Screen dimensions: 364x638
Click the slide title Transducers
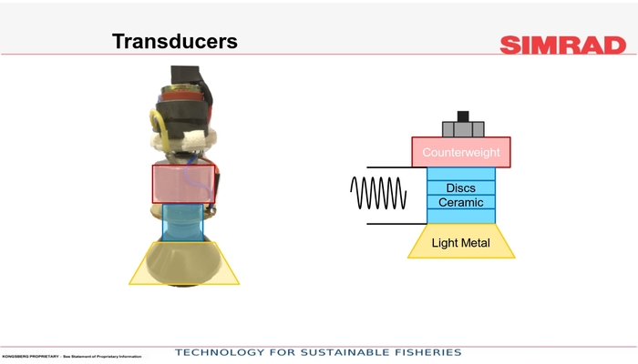coord(174,42)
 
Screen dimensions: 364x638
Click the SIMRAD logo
coord(562,45)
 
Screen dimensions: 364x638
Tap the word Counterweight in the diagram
coord(460,153)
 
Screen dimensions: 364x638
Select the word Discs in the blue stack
coord(461,188)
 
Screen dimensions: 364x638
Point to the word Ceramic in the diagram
coord(461,202)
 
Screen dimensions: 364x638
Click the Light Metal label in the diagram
coord(461,243)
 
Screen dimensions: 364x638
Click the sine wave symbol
coord(378,195)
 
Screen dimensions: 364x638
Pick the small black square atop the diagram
coord(463,116)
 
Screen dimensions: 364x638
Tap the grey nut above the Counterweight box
coord(463,128)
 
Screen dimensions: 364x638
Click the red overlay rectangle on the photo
coord(183,183)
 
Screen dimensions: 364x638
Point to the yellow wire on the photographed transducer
coord(158,126)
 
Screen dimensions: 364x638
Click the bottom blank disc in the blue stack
coord(461,217)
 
